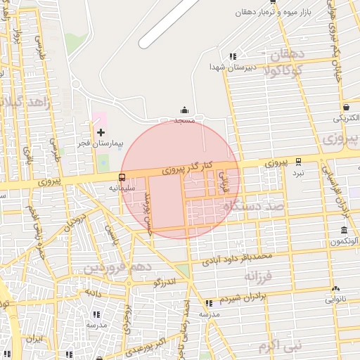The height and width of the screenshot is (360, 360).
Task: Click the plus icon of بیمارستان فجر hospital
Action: (x=101, y=132)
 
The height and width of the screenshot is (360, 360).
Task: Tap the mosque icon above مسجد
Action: (x=184, y=110)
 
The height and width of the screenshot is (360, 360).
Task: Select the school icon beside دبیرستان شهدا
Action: (x=233, y=56)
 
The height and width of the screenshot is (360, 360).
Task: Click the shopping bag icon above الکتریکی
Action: (x=347, y=107)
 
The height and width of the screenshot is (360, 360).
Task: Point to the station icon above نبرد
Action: (x=299, y=161)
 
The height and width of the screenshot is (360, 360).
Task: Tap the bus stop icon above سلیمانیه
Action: (x=122, y=177)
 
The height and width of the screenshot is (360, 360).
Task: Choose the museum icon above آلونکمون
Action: (x=344, y=231)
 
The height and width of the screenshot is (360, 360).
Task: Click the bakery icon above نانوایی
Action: (x=335, y=288)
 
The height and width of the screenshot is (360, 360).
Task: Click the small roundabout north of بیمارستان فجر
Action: (x=76, y=84)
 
